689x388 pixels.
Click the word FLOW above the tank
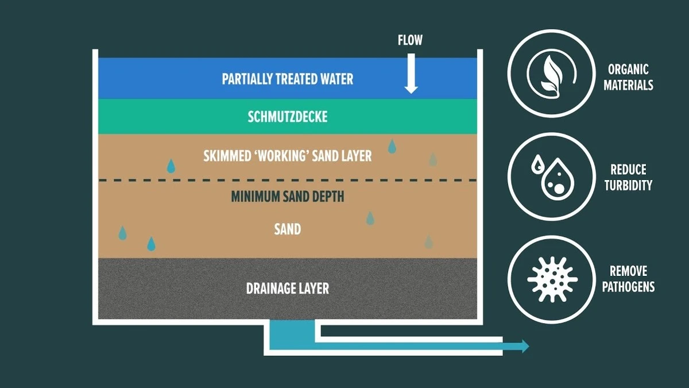[x=410, y=40]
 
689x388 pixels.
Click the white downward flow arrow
[x=411, y=74]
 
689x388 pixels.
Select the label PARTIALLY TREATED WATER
[x=288, y=79]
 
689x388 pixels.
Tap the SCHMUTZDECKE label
[x=288, y=117]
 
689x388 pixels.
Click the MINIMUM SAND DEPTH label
[x=288, y=197]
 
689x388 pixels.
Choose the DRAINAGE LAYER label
[x=288, y=289]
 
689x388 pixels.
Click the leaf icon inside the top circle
[x=551, y=76]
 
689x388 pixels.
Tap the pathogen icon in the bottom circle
[x=552, y=279]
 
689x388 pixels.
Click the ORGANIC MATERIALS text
[x=628, y=77]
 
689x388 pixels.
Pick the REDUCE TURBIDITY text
[x=628, y=178]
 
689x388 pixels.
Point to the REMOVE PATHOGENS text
[x=628, y=279]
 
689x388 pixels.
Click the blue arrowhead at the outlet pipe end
[x=525, y=346]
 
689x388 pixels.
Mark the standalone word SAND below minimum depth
[x=288, y=229]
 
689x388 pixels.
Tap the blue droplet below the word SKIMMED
[x=171, y=166]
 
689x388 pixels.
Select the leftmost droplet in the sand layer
[x=122, y=233]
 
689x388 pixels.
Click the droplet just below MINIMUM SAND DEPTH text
[x=370, y=218]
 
